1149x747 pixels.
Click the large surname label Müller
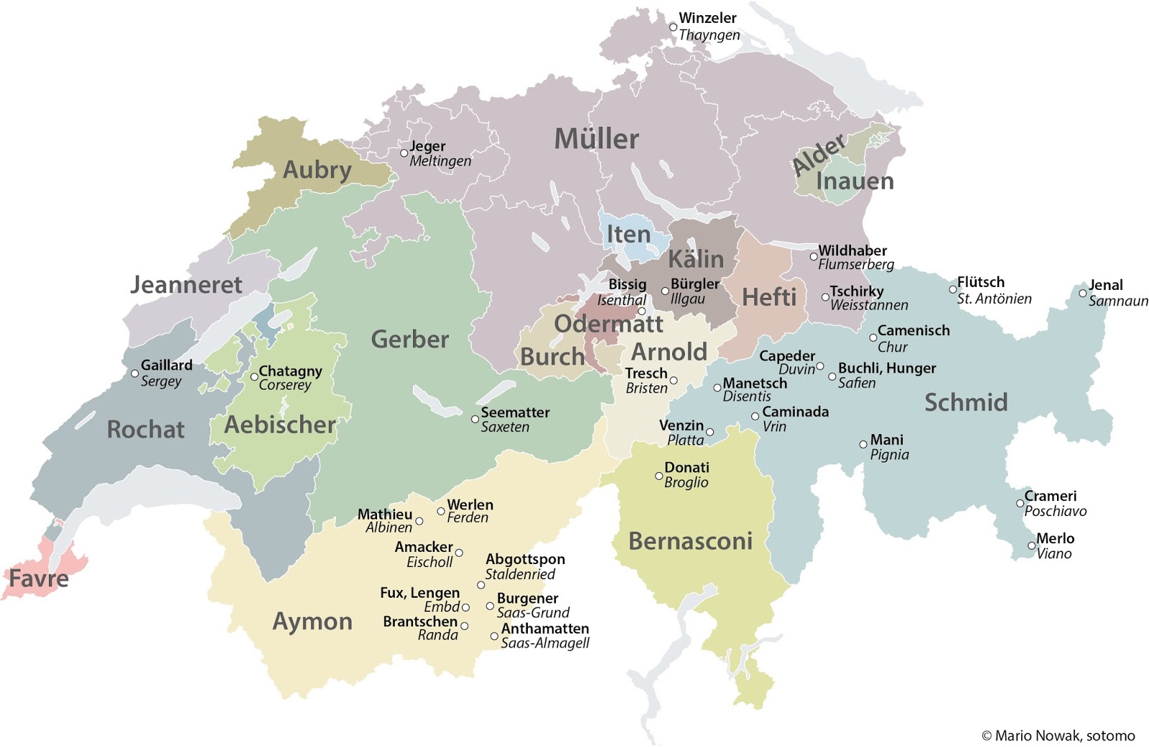[596, 139]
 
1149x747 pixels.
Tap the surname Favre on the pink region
[39, 578]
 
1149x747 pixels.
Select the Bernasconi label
[690, 541]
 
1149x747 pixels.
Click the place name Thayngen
[709, 34]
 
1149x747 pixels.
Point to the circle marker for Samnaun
[1083, 293]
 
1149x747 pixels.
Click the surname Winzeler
[707, 18]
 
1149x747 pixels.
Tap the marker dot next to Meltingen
[404, 153]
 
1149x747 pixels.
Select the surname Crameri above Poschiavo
[1050, 496]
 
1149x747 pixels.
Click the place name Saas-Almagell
[544, 643]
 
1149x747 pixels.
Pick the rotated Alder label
[819, 156]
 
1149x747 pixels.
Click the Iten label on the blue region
[628, 235]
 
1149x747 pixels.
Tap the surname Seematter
[515, 413]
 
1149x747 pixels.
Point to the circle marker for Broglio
[659, 476]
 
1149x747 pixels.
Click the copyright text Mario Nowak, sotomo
[1058, 736]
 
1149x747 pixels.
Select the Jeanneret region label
[186, 285]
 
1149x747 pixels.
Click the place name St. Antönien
[994, 299]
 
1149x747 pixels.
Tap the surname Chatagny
[290, 371]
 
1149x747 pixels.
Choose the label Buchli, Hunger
[887, 368]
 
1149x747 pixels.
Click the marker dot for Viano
[1031, 546]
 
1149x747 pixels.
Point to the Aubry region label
[317, 170]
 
